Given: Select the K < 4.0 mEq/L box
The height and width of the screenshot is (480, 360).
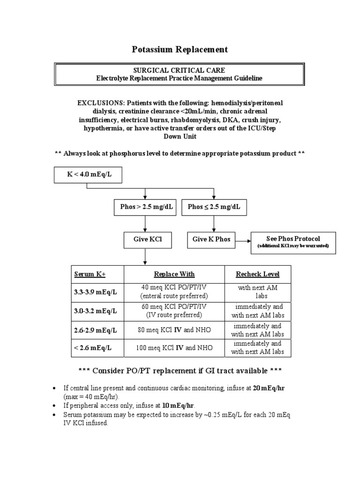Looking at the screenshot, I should [x=88, y=175].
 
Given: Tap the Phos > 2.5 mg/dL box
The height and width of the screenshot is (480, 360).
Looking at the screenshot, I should [x=145, y=207].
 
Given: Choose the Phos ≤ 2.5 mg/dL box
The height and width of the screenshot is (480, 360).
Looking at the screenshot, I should [x=214, y=207].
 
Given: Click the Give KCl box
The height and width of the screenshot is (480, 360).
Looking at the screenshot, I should [x=145, y=239].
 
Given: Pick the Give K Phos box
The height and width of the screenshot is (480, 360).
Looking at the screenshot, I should [x=211, y=239].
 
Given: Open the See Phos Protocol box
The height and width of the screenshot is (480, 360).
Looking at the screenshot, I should [x=293, y=242].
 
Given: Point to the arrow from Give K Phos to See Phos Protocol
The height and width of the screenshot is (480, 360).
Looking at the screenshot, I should [x=243, y=241].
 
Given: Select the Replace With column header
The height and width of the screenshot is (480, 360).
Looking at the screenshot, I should [x=174, y=274].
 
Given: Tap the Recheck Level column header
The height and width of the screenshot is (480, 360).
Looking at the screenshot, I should [x=257, y=274].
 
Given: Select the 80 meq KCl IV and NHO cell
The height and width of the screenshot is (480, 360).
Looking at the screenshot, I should [x=174, y=330].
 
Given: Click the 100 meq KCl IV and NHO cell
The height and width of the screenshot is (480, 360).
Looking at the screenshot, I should [x=174, y=348].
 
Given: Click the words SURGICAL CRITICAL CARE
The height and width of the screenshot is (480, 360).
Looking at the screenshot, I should [x=180, y=70].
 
